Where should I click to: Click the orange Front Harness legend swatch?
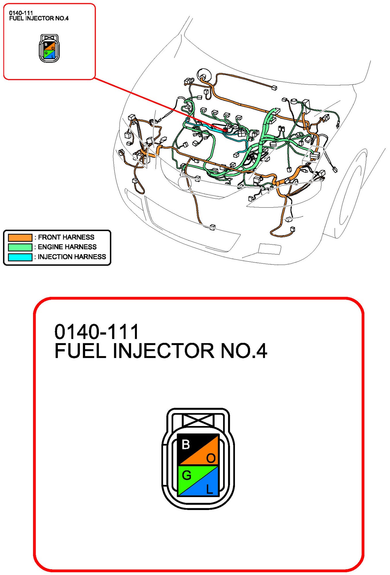pyautogui.click(x=20, y=237)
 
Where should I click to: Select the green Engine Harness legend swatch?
pyautogui.click(x=20, y=247)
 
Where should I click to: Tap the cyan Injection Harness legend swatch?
pyautogui.click(x=20, y=257)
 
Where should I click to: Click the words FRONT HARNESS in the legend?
pyautogui.click(x=66, y=237)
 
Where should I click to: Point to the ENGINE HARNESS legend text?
pyautogui.click(x=67, y=247)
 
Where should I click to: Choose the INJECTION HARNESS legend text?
pyautogui.click(x=72, y=257)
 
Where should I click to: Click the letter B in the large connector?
pyautogui.click(x=186, y=444)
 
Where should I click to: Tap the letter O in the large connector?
pyautogui.click(x=211, y=458)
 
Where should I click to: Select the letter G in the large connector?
pyautogui.click(x=187, y=475)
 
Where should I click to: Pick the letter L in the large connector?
pyautogui.click(x=209, y=489)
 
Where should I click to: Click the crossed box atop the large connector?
pyautogui.click(x=198, y=420)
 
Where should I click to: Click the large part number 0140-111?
pyautogui.click(x=97, y=331)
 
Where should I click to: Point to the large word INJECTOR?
pyautogui.click(x=164, y=351)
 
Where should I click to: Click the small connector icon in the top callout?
pyautogui.click(x=49, y=48)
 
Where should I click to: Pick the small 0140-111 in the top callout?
pyautogui.click(x=21, y=13)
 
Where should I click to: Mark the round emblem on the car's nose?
pyautogui.click(x=184, y=183)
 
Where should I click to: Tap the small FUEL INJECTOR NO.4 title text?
pyautogui.click(x=39, y=18)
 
